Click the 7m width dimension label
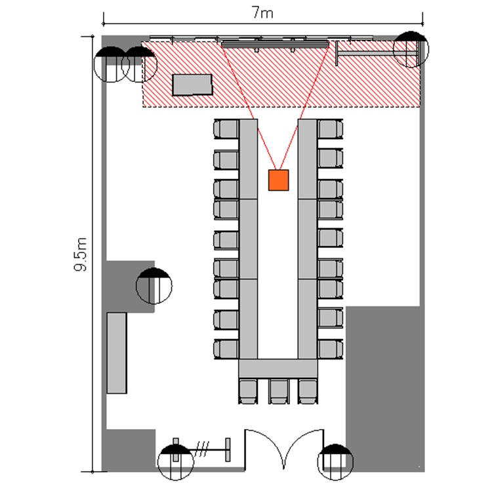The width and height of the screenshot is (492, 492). [x=262, y=13]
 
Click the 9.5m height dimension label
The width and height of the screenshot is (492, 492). [x=80, y=255]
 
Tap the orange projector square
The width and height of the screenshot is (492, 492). [x=278, y=180]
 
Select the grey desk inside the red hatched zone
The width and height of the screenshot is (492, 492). [x=192, y=85]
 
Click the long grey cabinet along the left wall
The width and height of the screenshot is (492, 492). [x=117, y=353]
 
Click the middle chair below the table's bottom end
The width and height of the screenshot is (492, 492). [x=278, y=391]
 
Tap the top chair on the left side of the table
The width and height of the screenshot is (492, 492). [x=226, y=129]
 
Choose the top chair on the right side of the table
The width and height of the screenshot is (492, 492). [x=330, y=129]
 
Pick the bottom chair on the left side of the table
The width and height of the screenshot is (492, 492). [x=226, y=349]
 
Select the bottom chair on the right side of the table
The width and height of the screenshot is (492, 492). [x=330, y=349]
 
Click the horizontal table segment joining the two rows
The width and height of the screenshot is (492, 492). [x=278, y=369]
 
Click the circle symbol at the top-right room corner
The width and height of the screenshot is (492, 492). [x=411, y=49]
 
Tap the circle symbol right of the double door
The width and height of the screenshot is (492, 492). [x=335, y=462]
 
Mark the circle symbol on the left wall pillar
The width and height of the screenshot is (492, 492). [x=154, y=286]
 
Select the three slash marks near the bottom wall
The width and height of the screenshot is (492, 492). [x=201, y=449]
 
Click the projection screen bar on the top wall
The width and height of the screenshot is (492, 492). [x=275, y=43]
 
